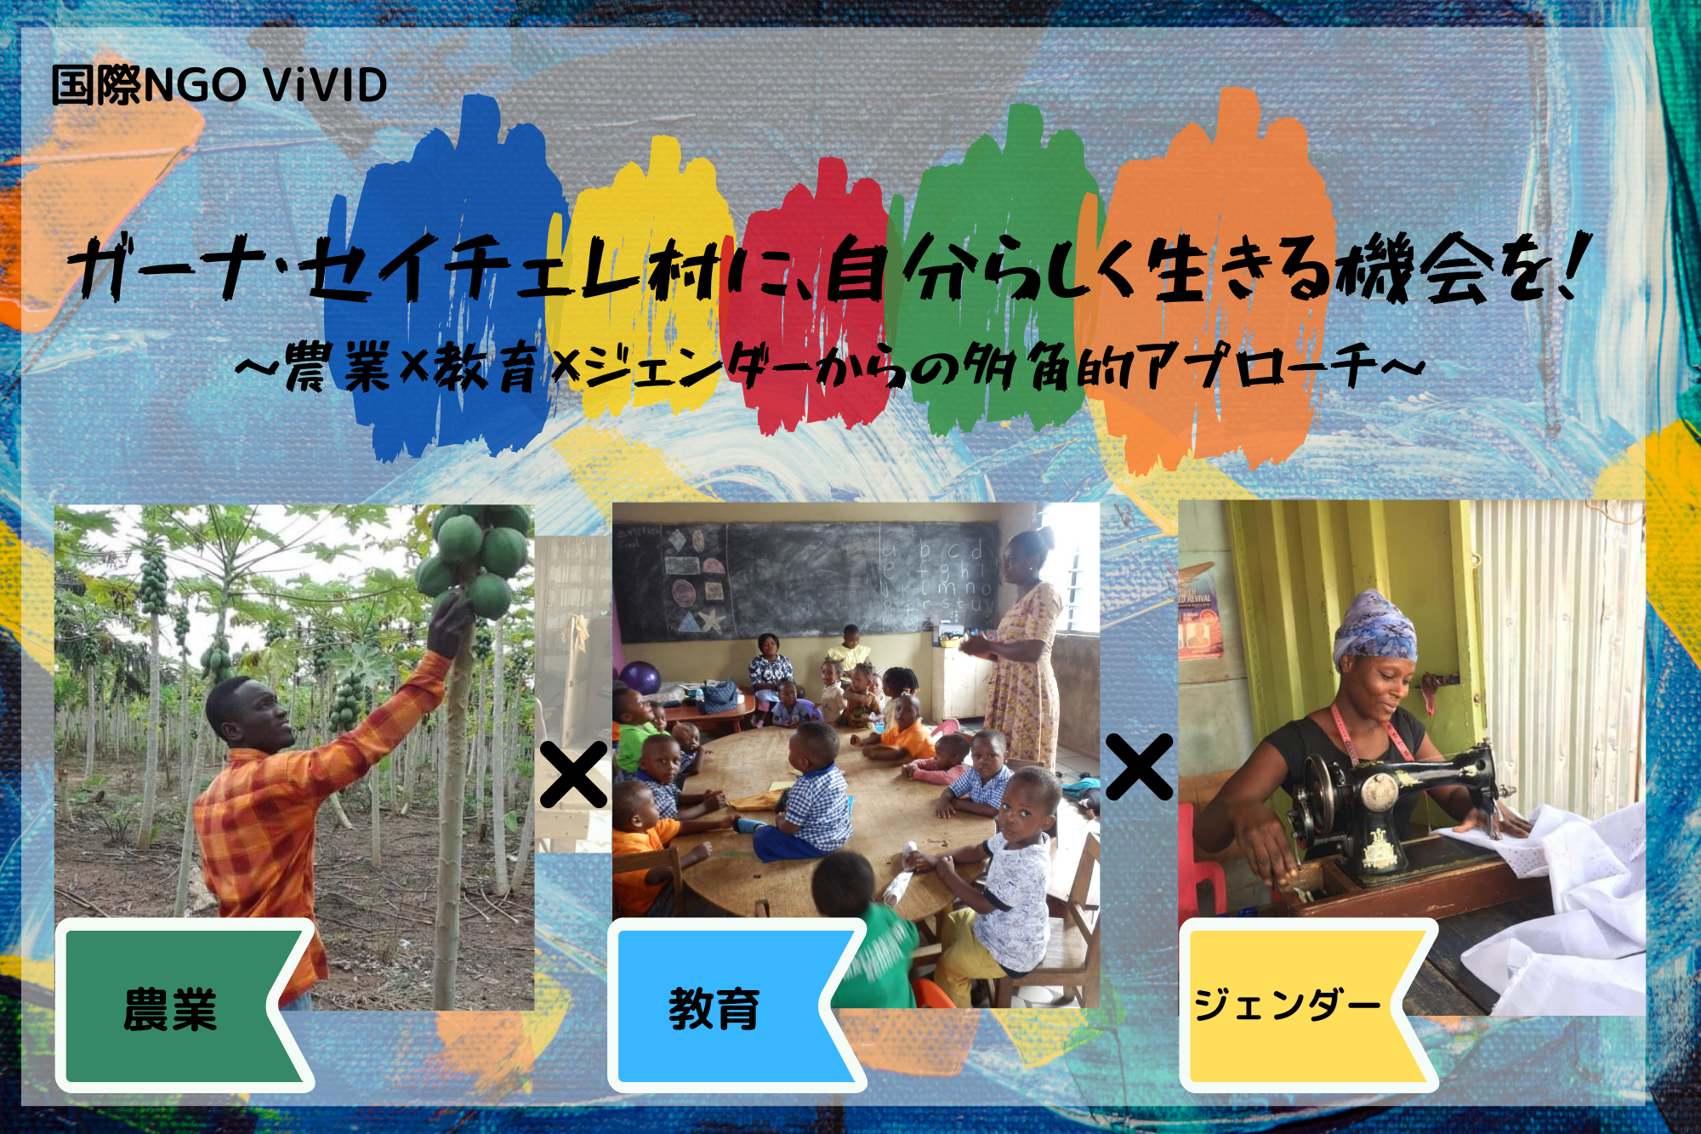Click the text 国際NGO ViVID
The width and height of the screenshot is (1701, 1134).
tap(219, 85)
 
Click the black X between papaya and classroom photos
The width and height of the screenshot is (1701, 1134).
tap(574, 774)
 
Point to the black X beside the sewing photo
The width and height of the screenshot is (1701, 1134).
tap(1140, 767)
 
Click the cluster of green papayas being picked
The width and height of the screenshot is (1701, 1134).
tap(473, 557)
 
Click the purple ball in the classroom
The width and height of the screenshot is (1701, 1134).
tap(640, 678)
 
